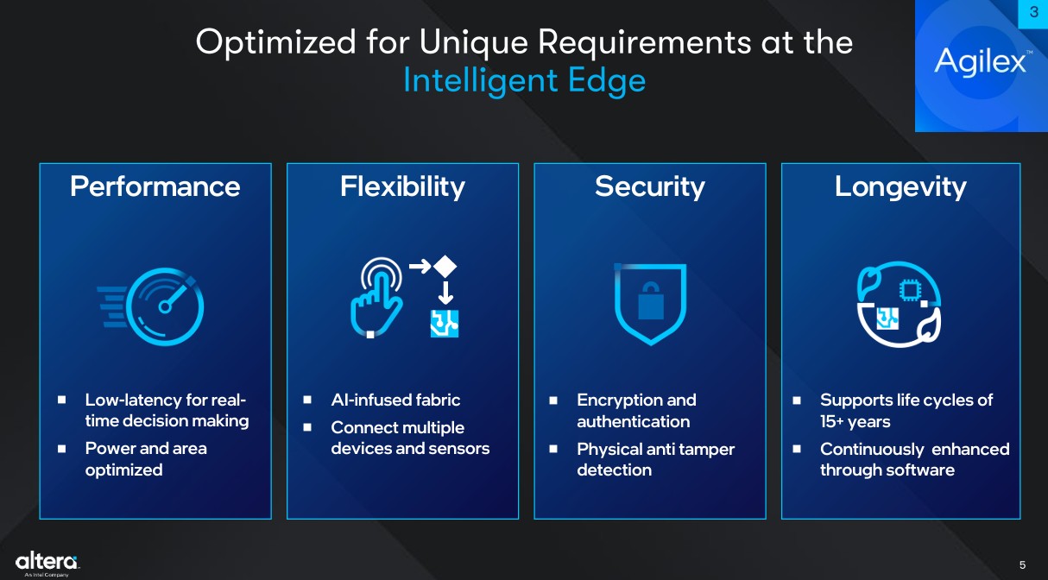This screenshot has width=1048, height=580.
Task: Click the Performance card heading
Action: pyautogui.click(x=155, y=187)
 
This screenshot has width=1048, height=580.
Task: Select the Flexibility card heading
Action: pyautogui.click(x=402, y=187)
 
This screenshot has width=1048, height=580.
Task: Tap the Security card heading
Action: pyautogui.click(x=650, y=187)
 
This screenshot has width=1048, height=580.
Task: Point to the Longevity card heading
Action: pyautogui.click(x=900, y=187)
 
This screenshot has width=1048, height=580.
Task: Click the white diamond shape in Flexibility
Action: pyautogui.click(x=445, y=267)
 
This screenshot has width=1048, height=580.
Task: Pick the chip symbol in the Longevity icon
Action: pyautogui.click(x=910, y=291)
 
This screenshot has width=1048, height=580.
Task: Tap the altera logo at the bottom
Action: pyautogui.click(x=47, y=564)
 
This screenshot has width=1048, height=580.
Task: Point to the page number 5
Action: pyautogui.click(x=1022, y=565)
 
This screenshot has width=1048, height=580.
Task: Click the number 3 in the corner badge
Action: pyautogui.click(x=1034, y=12)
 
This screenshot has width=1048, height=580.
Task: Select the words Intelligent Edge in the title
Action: pyautogui.click(x=524, y=81)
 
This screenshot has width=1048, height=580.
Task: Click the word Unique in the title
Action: pyautogui.click(x=473, y=42)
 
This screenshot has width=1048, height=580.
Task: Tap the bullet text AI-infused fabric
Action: pyautogui.click(x=395, y=400)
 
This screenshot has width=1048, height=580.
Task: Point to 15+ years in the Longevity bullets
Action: pyautogui.click(x=855, y=421)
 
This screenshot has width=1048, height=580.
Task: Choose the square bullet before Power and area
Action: pyautogui.click(x=62, y=449)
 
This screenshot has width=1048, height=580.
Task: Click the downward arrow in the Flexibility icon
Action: pyautogui.click(x=445, y=293)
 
